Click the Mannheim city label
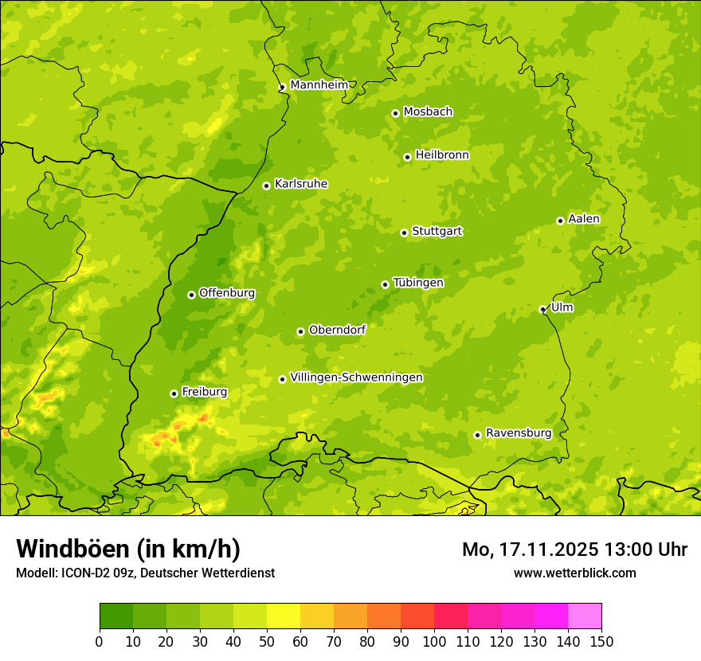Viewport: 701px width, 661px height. click(x=319, y=84)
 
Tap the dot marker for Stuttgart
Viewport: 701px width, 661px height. click(x=404, y=233)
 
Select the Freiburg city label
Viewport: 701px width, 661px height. click(x=204, y=392)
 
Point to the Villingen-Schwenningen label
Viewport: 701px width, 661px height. click(x=356, y=377)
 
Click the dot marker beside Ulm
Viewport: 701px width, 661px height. click(x=542, y=309)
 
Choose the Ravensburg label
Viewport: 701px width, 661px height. click(x=518, y=433)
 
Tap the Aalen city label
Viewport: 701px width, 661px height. click(x=584, y=219)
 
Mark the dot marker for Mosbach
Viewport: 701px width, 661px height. click(x=395, y=113)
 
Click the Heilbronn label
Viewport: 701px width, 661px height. click(x=442, y=155)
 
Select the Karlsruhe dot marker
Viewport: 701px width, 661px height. click(x=266, y=186)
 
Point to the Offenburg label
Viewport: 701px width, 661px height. click(x=227, y=293)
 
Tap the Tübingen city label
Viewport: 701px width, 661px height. click(x=418, y=283)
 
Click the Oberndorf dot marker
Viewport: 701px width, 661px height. click(x=300, y=331)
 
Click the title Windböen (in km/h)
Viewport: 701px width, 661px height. click(x=127, y=549)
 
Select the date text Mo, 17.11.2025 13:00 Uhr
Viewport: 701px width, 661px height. click(x=574, y=550)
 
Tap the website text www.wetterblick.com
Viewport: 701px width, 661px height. click(x=574, y=573)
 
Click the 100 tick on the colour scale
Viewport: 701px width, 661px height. click(x=434, y=641)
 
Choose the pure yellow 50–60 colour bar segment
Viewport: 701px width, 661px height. click(x=284, y=616)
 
